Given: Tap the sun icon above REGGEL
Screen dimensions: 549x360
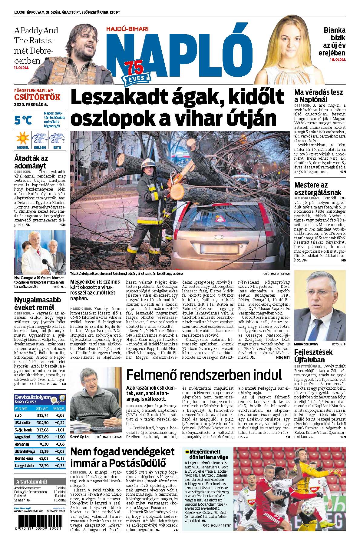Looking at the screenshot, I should point(22,138).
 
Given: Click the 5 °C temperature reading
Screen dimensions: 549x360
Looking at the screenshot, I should point(23,120).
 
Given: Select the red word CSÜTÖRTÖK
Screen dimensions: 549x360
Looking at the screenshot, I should point(37,98).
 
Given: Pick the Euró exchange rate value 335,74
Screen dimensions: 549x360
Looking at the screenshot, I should point(42,415).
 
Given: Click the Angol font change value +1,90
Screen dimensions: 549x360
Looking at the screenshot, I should point(60,437).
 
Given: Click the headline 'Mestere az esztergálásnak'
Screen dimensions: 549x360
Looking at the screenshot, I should point(318,189).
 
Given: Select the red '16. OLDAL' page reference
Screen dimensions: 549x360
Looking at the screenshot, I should point(338,60).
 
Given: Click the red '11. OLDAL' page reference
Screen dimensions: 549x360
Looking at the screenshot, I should point(21,68).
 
